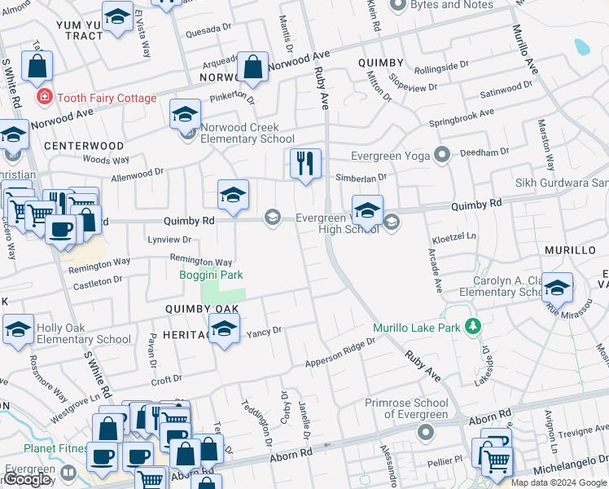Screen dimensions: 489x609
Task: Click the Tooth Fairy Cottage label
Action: pyautogui.click(x=106, y=98)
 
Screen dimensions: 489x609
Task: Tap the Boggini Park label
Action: pyautogui.click(x=211, y=275)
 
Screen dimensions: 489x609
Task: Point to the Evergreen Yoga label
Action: pyautogui.click(x=390, y=156)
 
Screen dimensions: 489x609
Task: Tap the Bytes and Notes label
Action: pyautogui.click(x=453, y=5)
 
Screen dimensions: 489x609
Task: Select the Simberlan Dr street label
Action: pyautogui.click(x=360, y=176)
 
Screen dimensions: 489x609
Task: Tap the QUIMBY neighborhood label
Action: pyautogui.click(x=380, y=63)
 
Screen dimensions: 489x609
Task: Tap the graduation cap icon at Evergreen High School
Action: pyautogui.click(x=367, y=210)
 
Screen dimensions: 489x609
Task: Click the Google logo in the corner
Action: pyautogui.click(x=28, y=479)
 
